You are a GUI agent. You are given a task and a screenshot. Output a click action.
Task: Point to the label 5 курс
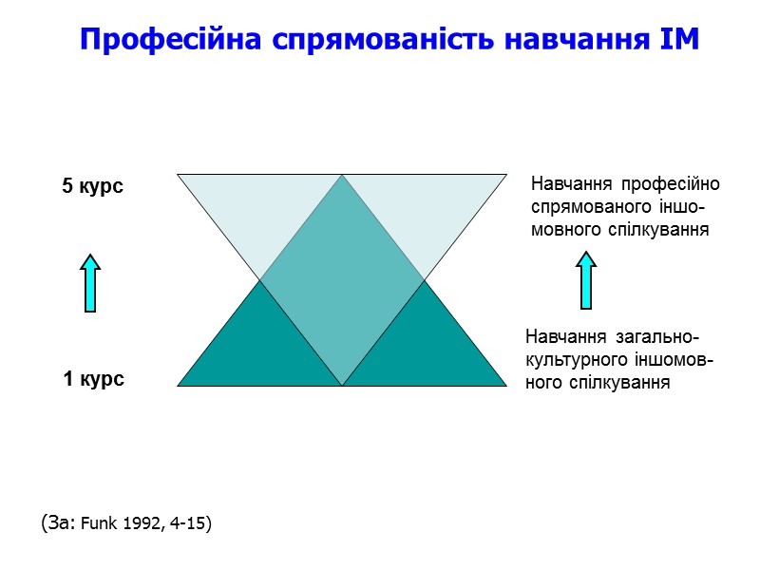(93, 187)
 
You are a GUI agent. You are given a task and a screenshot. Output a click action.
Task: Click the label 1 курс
(93, 379)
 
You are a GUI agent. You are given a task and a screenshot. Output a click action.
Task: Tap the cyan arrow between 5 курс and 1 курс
(89, 282)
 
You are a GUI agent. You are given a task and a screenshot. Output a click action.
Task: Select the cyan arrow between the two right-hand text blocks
(586, 280)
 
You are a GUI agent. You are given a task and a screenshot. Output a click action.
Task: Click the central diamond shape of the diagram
(342, 280)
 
